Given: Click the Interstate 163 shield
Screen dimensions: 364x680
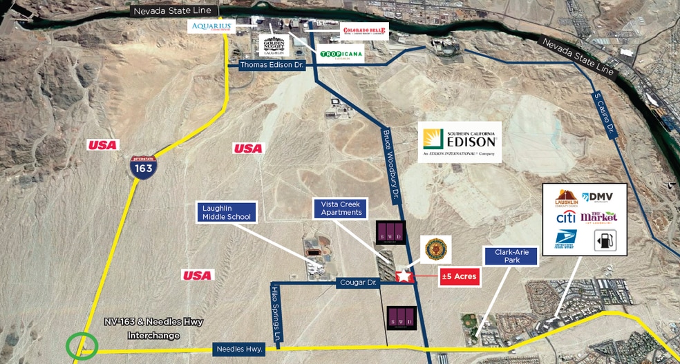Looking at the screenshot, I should (144, 166).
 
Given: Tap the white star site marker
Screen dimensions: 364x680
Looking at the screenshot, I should (404, 276).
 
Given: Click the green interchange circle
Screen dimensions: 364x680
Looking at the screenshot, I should (82, 345).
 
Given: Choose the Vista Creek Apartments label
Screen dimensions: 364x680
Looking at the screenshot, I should (341, 208).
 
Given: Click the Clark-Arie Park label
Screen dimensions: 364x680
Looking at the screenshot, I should (511, 257).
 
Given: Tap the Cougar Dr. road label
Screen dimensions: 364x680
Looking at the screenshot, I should (358, 283).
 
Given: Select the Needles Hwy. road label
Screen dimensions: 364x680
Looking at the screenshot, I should (238, 349).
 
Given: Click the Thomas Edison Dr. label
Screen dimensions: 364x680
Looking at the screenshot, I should (272, 66).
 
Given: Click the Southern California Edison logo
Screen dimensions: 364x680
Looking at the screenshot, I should (460, 142).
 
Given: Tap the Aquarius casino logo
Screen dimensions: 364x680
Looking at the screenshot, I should (211, 27).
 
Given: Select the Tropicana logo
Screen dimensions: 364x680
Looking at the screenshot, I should (341, 54).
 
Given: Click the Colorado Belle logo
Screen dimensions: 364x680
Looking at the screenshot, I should (364, 32).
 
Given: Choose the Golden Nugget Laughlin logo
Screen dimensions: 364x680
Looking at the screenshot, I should (274, 45).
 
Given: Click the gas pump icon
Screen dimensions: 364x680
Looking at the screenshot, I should (605, 240).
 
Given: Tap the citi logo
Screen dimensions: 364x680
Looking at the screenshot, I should (565, 218).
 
